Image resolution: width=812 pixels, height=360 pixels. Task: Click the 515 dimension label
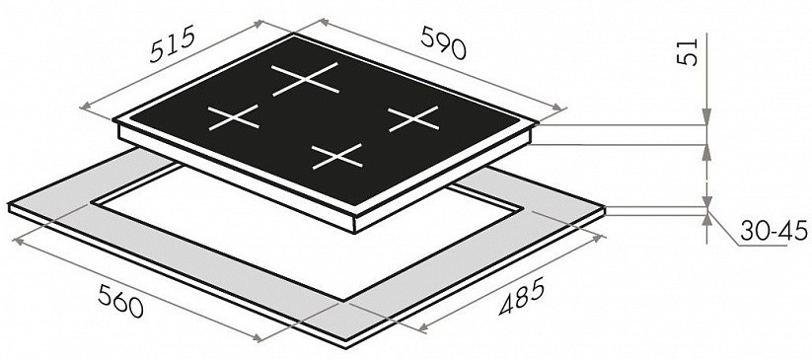pyautogui.click(x=172, y=45)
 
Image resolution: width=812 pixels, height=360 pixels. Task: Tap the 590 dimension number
pyautogui.click(x=444, y=42)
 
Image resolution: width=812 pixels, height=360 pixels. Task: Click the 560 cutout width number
pyautogui.click(x=120, y=301)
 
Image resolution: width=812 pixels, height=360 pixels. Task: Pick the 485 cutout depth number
pyautogui.click(x=522, y=297)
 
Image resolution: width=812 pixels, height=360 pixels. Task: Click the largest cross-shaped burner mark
pyautogui.click(x=305, y=79)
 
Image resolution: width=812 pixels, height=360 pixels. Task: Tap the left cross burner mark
pyautogui.click(x=233, y=117)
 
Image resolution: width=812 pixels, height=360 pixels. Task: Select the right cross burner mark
pyautogui.click(x=413, y=118)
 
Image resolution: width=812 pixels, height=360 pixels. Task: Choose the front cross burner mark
pyautogui.click(x=337, y=157)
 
